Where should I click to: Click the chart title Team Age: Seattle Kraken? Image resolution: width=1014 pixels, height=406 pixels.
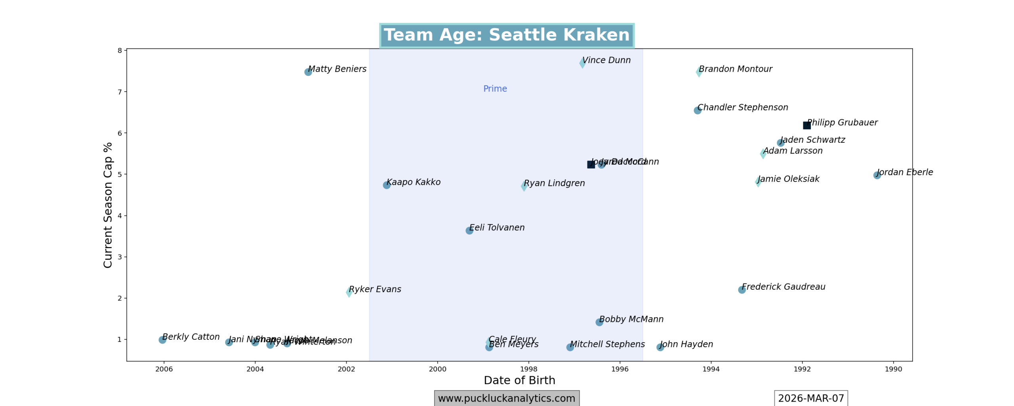pos(506,35)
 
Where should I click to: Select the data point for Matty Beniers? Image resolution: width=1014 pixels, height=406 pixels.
pos(308,72)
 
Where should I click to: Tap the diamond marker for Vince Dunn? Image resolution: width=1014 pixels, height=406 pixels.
pos(582,63)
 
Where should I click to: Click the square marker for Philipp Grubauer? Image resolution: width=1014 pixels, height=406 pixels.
pos(806,125)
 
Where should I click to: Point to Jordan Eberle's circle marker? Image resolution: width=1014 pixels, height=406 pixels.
pos(877,175)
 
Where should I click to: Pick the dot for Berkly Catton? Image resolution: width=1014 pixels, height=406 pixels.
pos(162,340)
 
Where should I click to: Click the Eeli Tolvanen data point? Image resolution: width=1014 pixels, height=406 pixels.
pos(469,230)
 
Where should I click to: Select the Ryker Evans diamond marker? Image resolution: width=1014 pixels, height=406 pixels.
pos(349,292)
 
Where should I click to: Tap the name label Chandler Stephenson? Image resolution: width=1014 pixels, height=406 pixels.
pos(743,107)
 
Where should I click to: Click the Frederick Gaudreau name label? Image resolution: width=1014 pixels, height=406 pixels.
pos(783,287)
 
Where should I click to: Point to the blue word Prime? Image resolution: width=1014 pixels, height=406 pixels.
pos(495,89)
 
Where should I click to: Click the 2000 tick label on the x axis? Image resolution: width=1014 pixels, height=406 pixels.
pos(437,369)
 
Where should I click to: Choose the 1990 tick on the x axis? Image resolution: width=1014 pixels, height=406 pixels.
pos(893,369)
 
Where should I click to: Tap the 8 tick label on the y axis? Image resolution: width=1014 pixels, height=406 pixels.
pos(120,51)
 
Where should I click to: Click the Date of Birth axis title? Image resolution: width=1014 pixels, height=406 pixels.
pos(519,381)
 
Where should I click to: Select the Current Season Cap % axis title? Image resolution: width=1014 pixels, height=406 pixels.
pos(108,205)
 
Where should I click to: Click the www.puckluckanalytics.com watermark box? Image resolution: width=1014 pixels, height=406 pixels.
pos(507,398)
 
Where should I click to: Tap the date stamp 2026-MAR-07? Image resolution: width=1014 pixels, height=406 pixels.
pos(811,398)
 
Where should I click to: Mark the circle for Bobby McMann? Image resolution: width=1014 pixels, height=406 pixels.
pos(599,322)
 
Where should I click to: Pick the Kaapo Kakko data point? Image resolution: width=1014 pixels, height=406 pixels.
pos(387,185)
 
